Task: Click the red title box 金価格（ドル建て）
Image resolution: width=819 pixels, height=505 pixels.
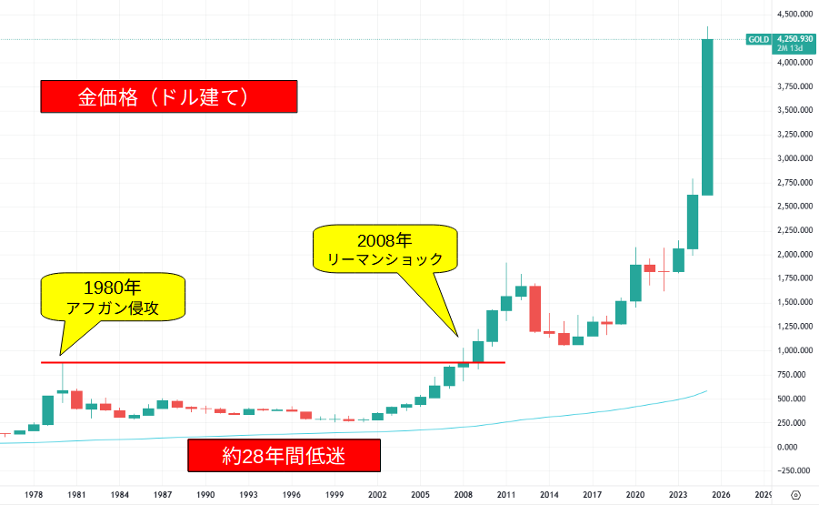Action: click(x=169, y=96)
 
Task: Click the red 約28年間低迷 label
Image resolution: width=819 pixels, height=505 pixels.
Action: click(x=284, y=455)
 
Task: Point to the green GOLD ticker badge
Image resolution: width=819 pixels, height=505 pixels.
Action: click(x=758, y=39)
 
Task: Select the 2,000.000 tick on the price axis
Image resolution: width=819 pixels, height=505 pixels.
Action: click(x=794, y=254)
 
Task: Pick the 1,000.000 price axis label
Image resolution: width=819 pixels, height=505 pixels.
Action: click(x=794, y=350)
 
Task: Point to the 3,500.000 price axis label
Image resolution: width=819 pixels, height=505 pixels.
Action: click(x=794, y=110)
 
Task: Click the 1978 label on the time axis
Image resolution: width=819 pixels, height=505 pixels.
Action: click(x=34, y=493)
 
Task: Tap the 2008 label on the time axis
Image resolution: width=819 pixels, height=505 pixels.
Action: click(x=464, y=493)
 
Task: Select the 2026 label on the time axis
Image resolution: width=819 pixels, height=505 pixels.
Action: click(x=721, y=493)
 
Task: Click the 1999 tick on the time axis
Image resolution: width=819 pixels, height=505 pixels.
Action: click(x=335, y=493)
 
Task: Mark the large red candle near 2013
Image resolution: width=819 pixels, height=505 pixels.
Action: click(x=535, y=308)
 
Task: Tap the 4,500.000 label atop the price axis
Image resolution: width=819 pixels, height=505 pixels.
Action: click(x=794, y=14)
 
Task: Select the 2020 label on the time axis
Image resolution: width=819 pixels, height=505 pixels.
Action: click(x=635, y=493)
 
